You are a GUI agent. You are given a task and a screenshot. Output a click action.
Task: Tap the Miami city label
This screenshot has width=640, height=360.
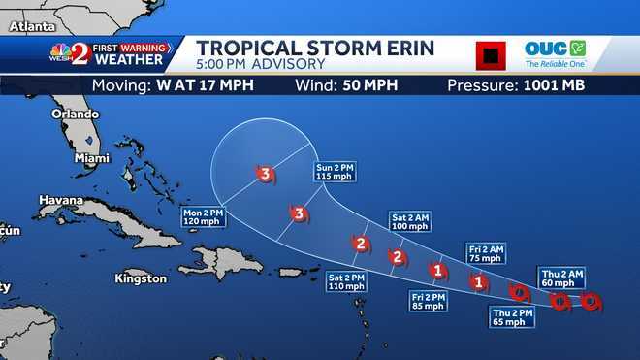point(92,158)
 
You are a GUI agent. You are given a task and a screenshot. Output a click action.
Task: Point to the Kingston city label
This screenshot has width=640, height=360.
point(141,279)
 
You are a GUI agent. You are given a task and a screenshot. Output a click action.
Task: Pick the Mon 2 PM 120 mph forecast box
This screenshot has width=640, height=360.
point(203,216)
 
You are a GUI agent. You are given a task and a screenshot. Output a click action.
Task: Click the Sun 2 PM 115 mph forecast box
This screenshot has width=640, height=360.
point(336,173)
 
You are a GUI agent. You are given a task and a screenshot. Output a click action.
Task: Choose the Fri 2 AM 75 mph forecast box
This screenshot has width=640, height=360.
point(486,253)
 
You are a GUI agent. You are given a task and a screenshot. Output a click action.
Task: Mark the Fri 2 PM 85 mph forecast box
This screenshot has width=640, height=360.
point(428,301)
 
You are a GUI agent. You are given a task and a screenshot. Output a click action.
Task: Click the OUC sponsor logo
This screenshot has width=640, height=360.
point(556,53)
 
